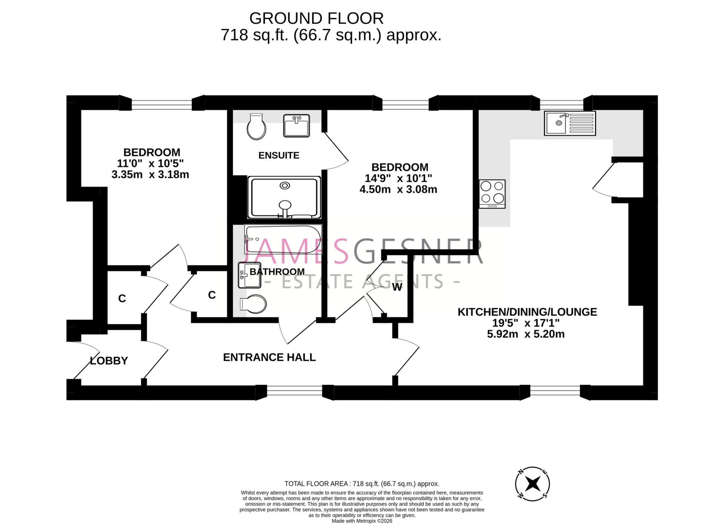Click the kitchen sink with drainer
[x=570, y=123]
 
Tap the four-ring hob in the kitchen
[x=492, y=194]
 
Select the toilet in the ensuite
[x=257, y=127]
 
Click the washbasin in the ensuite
[x=296, y=125]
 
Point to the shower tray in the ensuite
[x=285, y=197]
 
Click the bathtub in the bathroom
[x=283, y=240]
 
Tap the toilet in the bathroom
[x=253, y=304]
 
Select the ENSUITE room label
[x=279, y=155]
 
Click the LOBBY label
[x=109, y=361]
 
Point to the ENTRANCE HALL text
[x=269, y=357]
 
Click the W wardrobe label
[x=397, y=287]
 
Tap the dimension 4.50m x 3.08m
[x=398, y=190]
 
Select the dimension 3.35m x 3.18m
[x=150, y=175]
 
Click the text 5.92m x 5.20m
[x=525, y=334]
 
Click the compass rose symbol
[x=532, y=483]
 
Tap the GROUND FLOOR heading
[x=316, y=18]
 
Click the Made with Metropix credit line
[x=362, y=521]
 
